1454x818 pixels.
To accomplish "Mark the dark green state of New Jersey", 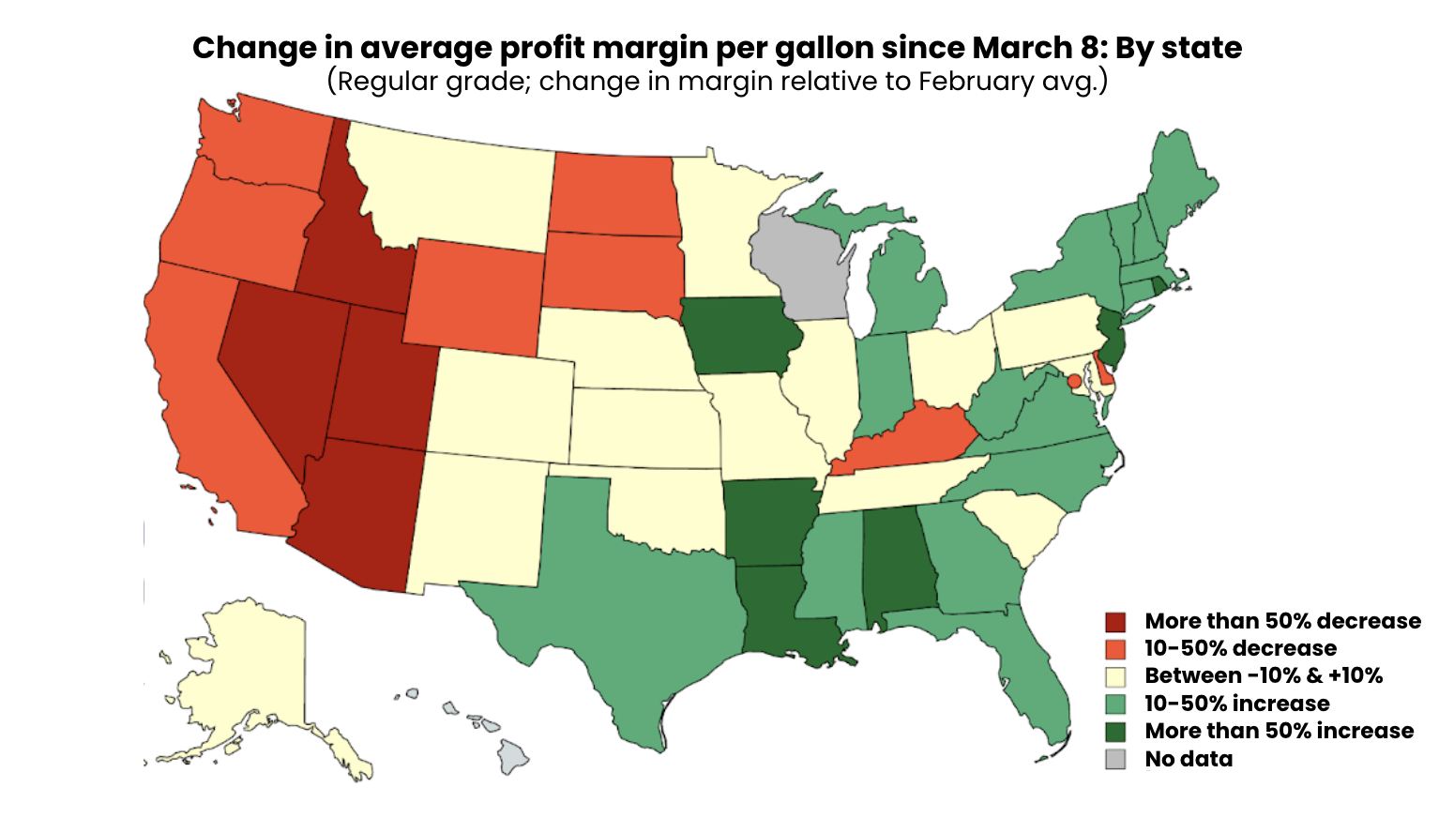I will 1113,340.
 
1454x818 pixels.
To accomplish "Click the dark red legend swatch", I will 1115,622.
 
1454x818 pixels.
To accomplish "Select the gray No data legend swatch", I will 1115,759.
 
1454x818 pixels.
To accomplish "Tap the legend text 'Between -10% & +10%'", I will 1264,675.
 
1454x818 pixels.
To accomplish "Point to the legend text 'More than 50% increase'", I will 1279,731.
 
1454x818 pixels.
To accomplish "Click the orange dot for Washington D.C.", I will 1074,381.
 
